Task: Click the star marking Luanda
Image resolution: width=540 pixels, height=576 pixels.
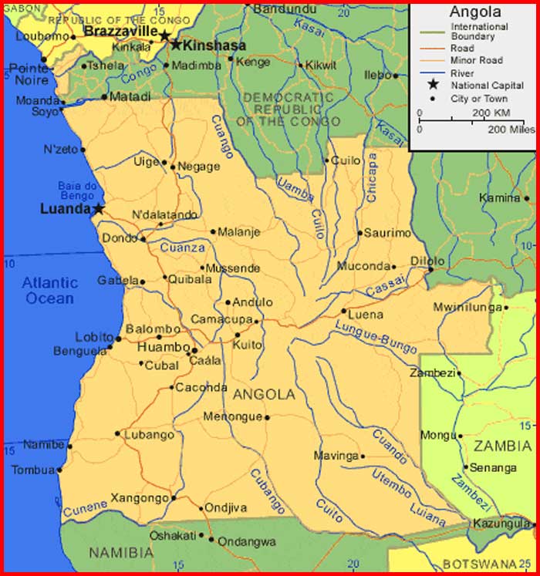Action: point(99,209)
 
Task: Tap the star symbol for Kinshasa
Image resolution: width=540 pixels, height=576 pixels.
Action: point(176,45)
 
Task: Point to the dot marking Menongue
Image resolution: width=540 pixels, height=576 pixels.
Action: point(267,418)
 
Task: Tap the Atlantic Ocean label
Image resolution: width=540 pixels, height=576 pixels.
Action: point(49,291)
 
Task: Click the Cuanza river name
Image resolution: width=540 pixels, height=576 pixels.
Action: point(183,248)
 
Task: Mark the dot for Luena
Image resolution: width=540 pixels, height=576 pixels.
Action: point(344,312)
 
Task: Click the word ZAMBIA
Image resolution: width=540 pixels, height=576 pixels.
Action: point(502,446)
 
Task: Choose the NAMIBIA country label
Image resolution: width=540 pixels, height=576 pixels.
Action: point(121,553)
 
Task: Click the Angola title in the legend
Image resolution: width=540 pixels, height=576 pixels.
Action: point(475,12)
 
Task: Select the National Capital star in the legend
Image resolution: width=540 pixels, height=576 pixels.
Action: point(433,85)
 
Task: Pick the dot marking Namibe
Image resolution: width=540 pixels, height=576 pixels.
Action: point(69,446)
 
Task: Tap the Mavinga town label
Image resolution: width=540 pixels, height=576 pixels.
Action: point(336,456)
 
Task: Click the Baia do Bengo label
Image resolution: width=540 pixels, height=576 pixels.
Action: point(77,190)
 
